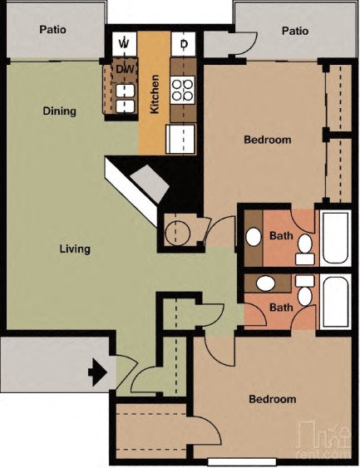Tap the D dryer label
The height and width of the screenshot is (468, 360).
click(184, 43)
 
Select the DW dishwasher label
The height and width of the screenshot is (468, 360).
click(126, 69)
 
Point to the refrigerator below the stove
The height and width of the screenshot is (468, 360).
click(181, 138)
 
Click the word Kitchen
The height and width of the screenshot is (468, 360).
click(155, 94)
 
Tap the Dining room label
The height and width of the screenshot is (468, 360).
click(59, 111)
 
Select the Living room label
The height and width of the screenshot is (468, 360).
click(75, 249)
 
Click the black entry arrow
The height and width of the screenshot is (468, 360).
click(97, 372)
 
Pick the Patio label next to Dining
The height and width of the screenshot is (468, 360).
click(53, 30)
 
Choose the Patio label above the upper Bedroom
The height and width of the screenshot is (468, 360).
click(294, 31)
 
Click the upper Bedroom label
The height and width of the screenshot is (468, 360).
click(267, 140)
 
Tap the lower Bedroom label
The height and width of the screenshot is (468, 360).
click(273, 399)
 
